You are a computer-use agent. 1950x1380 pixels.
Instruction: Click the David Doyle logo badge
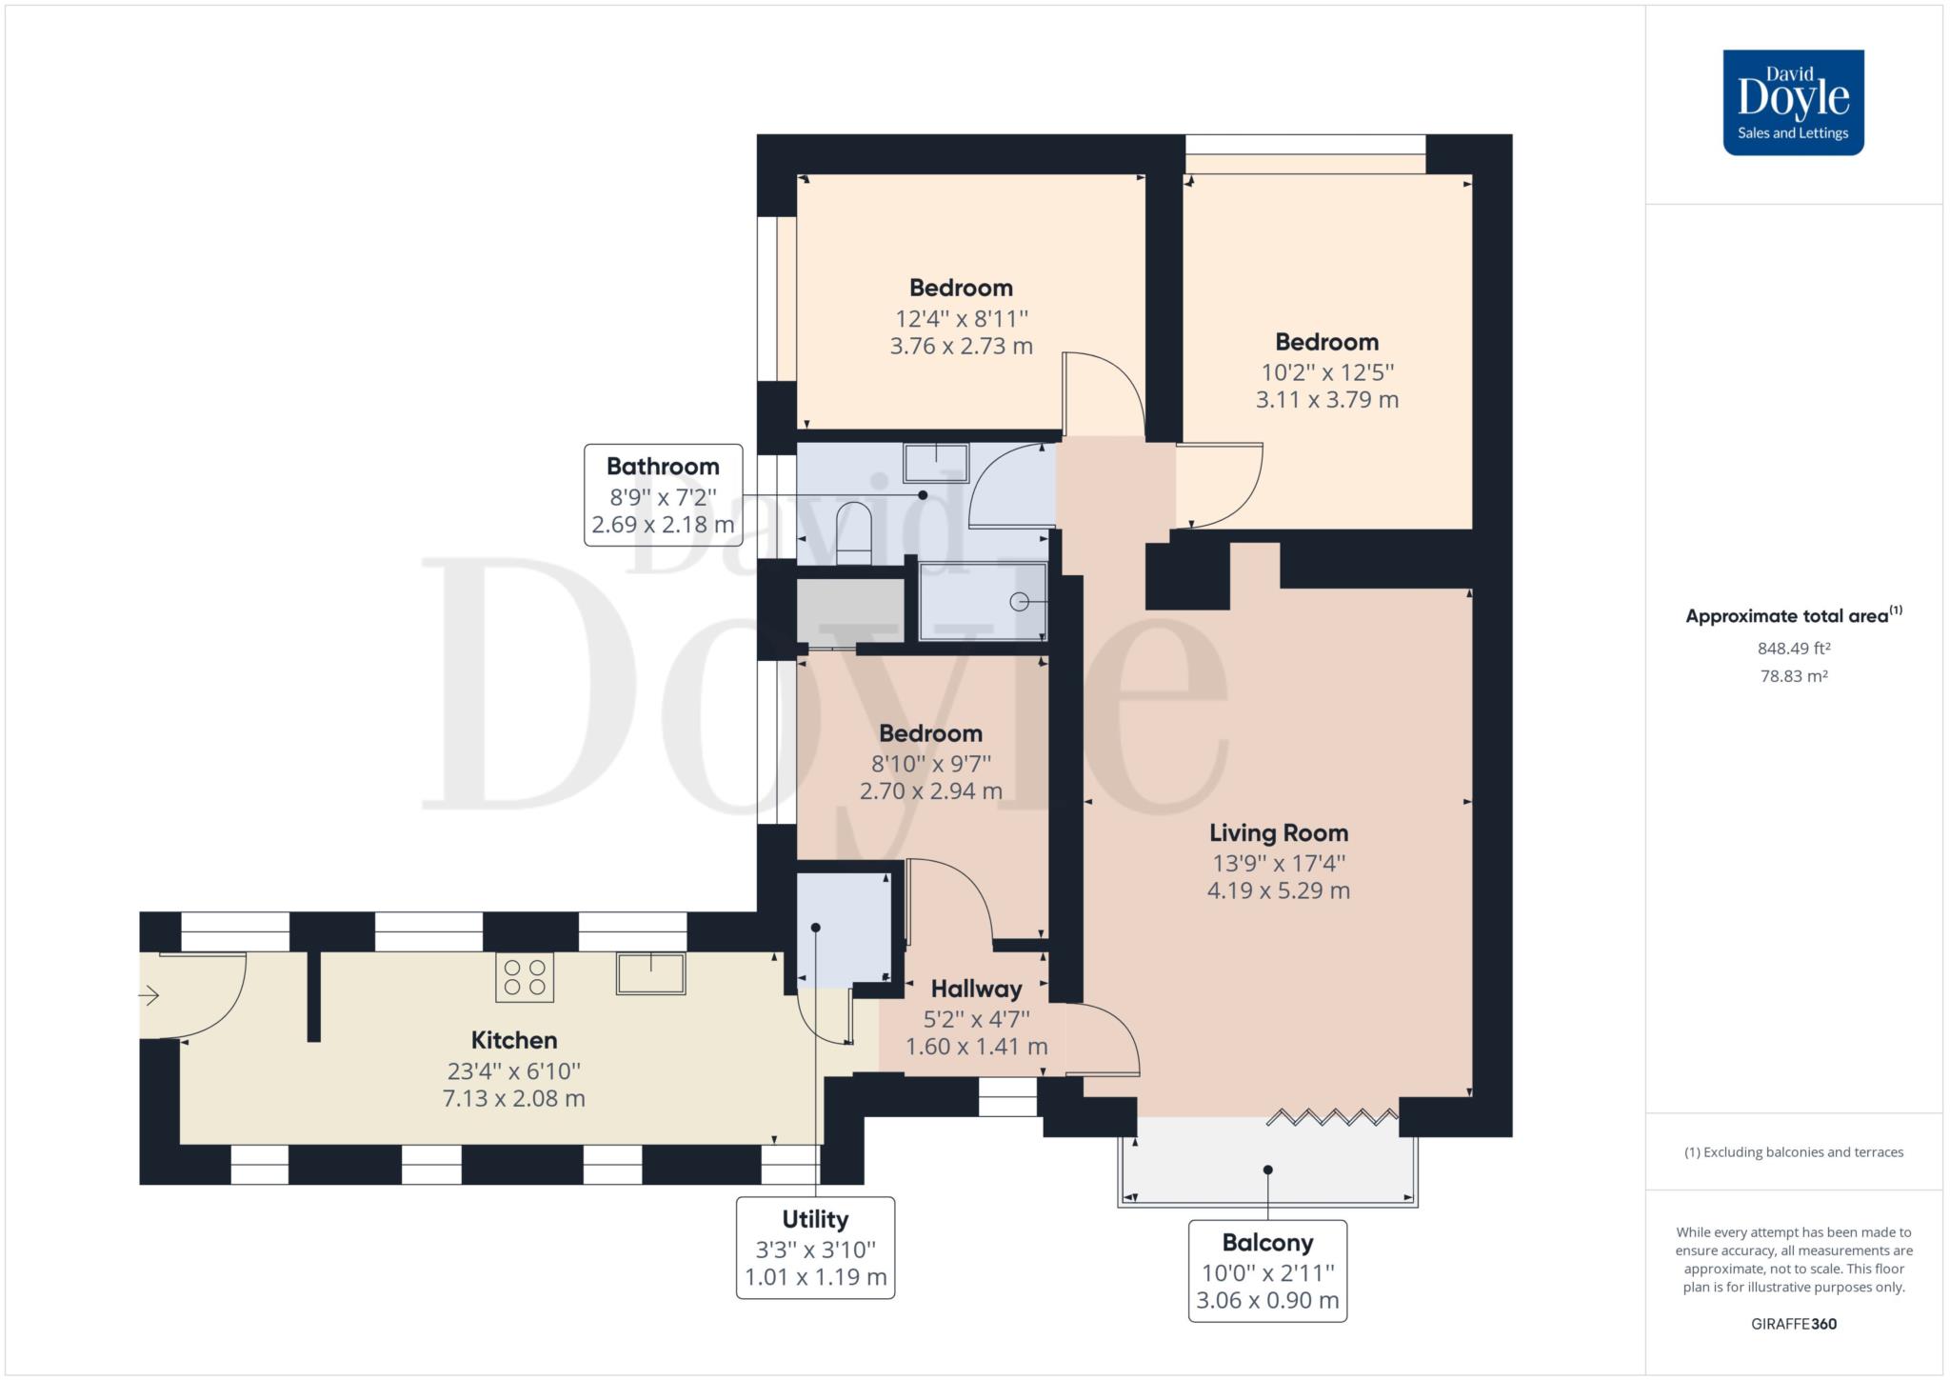coord(1793,103)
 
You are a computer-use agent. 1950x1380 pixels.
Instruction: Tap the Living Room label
coord(1279,833)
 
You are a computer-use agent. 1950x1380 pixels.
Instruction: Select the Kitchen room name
coord(514,1040)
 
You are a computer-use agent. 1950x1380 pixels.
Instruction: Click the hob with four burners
coord(525,977)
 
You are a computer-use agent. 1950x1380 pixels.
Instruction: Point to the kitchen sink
coord(650,973)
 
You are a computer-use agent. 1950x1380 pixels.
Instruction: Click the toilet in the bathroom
coord(853,533)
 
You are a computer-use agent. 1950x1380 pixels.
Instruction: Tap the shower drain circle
coord(1020,602)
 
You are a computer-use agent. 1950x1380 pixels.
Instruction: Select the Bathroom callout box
coord(663,495)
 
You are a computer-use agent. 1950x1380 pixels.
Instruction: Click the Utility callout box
coord(815,1248)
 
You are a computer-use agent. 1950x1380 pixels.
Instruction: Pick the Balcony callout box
coord(1267,1271)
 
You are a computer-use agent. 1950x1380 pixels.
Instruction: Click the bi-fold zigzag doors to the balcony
coord(1333,1116)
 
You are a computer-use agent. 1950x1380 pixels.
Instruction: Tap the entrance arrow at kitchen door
coord(149,996)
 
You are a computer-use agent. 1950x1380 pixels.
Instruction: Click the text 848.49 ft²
coord(1794,649)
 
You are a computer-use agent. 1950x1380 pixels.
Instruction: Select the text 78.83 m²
coord(1794,676)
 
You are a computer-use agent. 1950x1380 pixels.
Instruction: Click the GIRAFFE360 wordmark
coord(1794,1324)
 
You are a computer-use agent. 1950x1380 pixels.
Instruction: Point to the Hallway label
coord(976,989)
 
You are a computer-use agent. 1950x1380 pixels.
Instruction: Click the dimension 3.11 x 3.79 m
coord(1327,400)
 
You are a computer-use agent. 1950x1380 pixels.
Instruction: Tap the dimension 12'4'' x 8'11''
coord(962,318)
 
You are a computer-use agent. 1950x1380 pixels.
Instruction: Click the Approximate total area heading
coord(1794,615)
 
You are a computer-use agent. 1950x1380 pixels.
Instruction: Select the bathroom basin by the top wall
coord(936,463)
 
